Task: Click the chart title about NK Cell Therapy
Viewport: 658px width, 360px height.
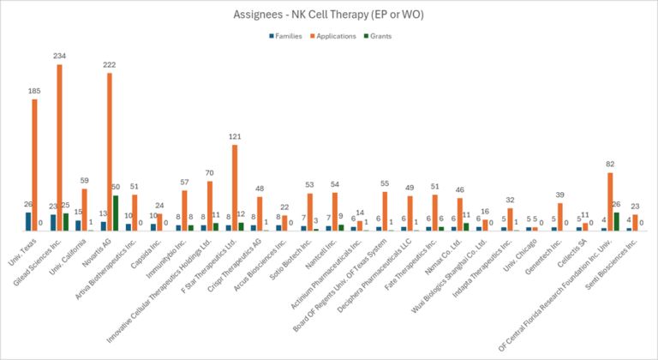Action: tap(328, 15)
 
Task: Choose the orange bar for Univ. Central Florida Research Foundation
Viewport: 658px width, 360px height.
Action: tap(609, 201)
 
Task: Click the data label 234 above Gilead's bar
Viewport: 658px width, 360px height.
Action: tap(58, 57)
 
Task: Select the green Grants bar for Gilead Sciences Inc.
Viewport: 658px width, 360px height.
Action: tap(66, 221)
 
